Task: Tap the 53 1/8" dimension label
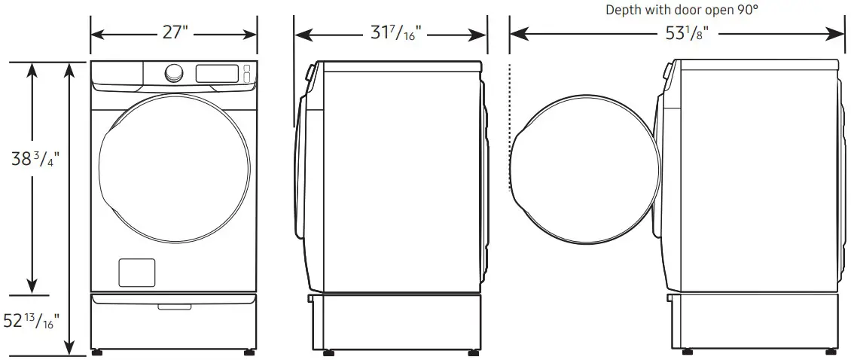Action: [677, 35]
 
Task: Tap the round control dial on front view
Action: [174, 73]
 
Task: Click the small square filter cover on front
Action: [137, 272]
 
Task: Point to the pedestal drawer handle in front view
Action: [174, 306]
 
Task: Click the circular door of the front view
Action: [174, 174]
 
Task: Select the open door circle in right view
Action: [585, 174]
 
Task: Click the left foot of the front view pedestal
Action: [97, 351]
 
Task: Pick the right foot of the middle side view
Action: [473, 351]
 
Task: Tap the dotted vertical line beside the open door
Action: [511, 136]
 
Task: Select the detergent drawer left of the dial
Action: [117, 73]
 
